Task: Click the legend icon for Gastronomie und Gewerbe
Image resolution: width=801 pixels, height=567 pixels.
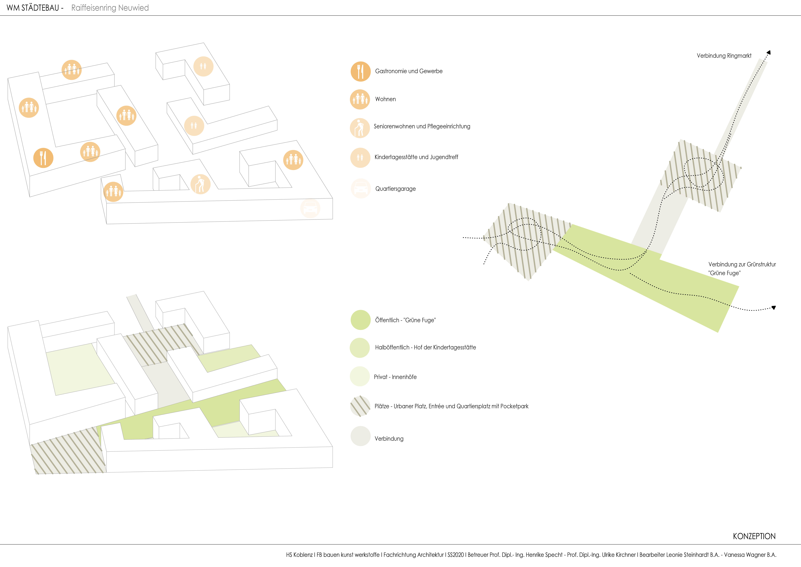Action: coord(360,72)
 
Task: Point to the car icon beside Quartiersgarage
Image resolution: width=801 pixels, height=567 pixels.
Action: coord(361,189)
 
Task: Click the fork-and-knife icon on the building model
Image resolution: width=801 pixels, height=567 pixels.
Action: coord(43,158)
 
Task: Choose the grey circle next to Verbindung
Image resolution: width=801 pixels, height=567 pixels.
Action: coord(360,436)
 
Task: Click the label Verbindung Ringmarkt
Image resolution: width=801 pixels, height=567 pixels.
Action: coord(724,56)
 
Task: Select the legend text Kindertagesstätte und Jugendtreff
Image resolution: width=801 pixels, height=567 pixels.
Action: coord(416,157)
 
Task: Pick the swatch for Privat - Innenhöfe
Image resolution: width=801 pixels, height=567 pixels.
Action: coord(360,376)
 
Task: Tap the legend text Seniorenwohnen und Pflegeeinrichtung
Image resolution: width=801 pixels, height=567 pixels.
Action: coord(422,127)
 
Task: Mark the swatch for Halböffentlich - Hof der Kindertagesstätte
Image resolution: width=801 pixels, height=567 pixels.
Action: coord(360,348)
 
